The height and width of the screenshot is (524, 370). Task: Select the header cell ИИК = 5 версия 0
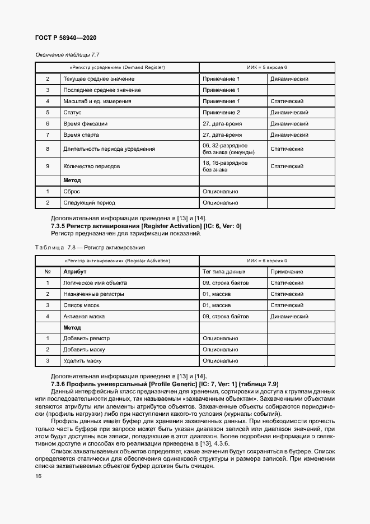pyautogui.click(x=267, y=68)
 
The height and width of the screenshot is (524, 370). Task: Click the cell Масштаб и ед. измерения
pyautogui.click(x=97, y=101)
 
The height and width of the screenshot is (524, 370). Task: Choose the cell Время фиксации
pyautogui.click(x=85, y=124)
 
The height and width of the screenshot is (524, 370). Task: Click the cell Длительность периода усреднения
pyautogui.click(x=109, y=149)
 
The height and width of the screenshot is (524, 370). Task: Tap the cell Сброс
pyautogui.click(x=72, y=192)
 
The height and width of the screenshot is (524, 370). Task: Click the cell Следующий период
pyautogui.click(x=89, y=203)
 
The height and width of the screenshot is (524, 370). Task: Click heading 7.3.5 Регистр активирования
pyautogui.click(x=146, y=226)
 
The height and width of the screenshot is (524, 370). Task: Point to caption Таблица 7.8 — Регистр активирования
pyautogui.click(x=90, y=247)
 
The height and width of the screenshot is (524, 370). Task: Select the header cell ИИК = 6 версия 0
pyautogui.click(x=267, y=261)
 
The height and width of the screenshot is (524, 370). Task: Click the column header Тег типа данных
pyautogui.click(x=224, y=272)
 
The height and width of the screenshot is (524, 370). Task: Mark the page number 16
pyautogui.click(x=38, y=476)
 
